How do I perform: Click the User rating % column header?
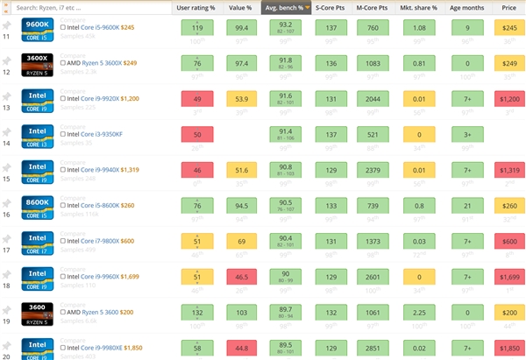click(195, 7)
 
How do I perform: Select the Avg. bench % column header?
click(286, 7)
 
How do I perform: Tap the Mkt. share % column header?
click(418, 7)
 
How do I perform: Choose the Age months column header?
click(466, 7)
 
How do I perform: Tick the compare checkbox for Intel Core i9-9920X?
click(63, 99)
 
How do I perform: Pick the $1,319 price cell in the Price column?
click(510, 169)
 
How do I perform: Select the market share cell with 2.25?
click(419, 312)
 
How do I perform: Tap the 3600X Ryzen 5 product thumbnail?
click(36, 63)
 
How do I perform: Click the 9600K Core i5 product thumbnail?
click(36, 27)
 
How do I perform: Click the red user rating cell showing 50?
click(196, 134)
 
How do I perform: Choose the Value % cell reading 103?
click(241, 312)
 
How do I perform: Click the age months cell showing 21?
click(467, 205)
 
